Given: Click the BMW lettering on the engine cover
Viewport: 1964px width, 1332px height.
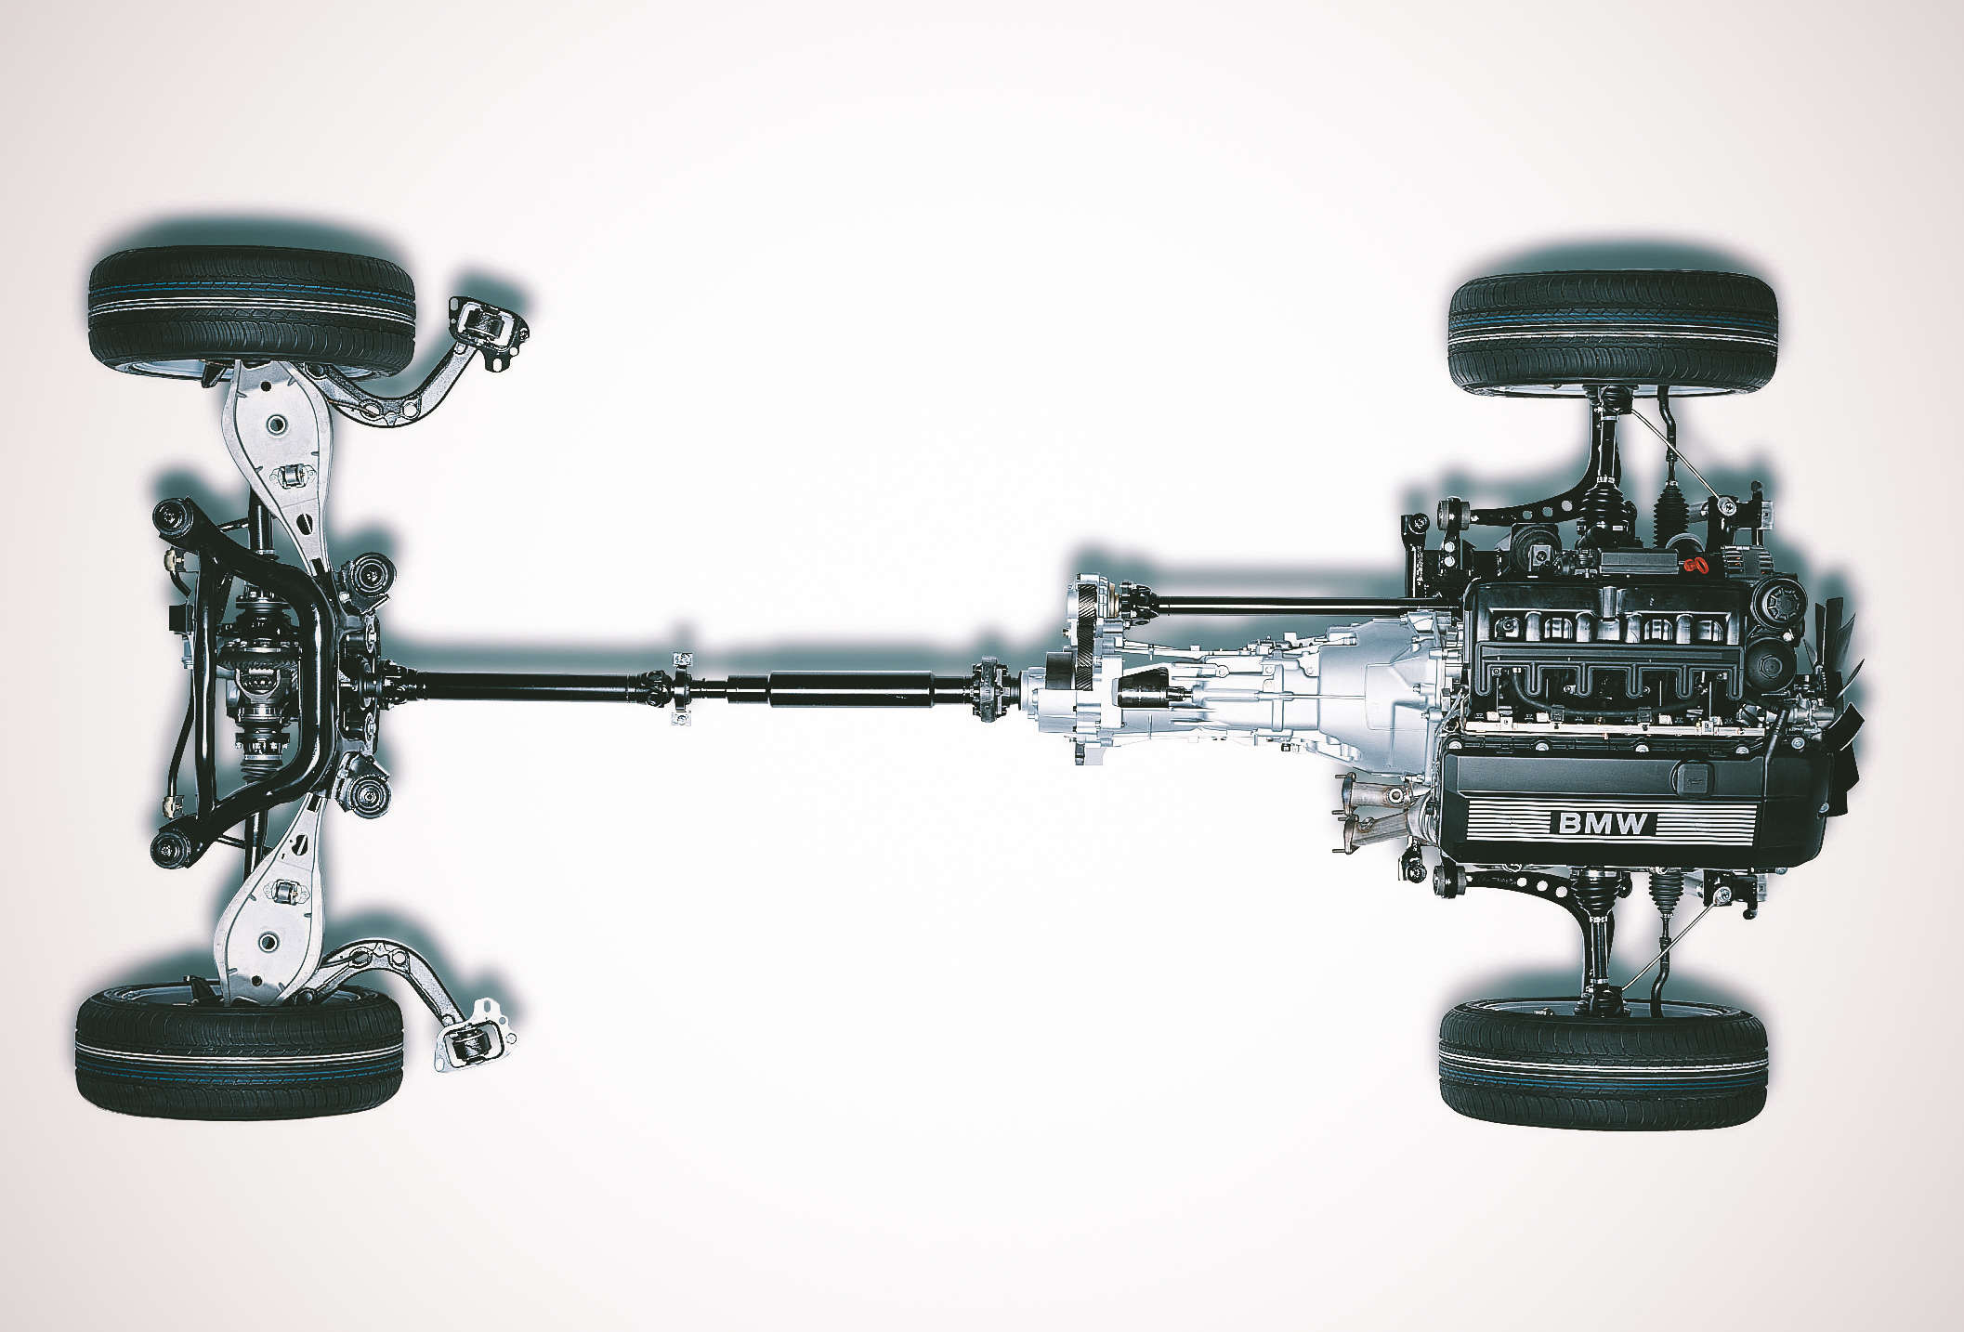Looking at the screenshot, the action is click(x=1604, y=823).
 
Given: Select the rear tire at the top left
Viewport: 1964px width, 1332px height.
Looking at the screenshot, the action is click(x=252, y=310).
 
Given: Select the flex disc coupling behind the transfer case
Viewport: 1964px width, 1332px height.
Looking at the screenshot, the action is click(x=986, y=688).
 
